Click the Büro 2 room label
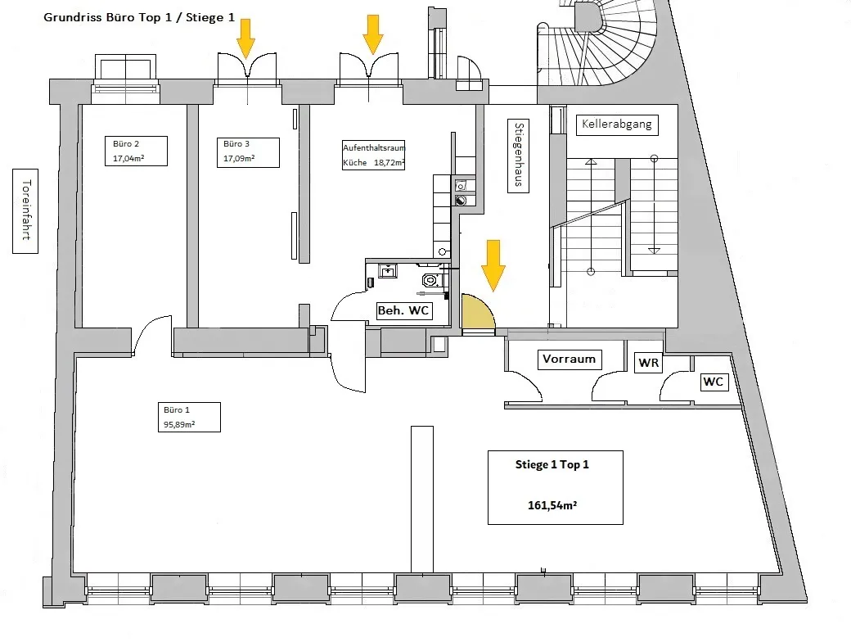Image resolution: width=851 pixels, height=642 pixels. point(136,151)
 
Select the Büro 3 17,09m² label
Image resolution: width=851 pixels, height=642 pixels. point(248,152)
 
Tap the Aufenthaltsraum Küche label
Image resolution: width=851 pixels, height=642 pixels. point(373,156)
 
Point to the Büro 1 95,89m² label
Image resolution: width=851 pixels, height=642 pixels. point(189,417)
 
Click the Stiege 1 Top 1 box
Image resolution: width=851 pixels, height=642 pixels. point(556,487)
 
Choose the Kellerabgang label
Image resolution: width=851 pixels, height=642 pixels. point(616,124)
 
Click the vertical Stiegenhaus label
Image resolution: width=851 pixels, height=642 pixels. point(518,156)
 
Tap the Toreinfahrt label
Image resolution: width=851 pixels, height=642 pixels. point(25,210)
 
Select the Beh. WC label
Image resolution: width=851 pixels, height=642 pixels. point(403,310)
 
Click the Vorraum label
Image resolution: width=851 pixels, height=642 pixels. point(570,359)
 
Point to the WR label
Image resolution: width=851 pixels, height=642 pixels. point(649,363)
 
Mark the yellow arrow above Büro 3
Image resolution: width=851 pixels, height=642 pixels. point(245,38)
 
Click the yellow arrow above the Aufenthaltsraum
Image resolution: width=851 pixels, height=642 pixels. point(373,34)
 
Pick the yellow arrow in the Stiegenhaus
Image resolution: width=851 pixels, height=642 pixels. point(493,265)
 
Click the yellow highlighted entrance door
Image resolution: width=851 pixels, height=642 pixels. point(478,312)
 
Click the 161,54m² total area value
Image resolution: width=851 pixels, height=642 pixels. point(552,505)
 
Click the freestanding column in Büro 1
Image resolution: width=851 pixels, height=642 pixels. point(422,500)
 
